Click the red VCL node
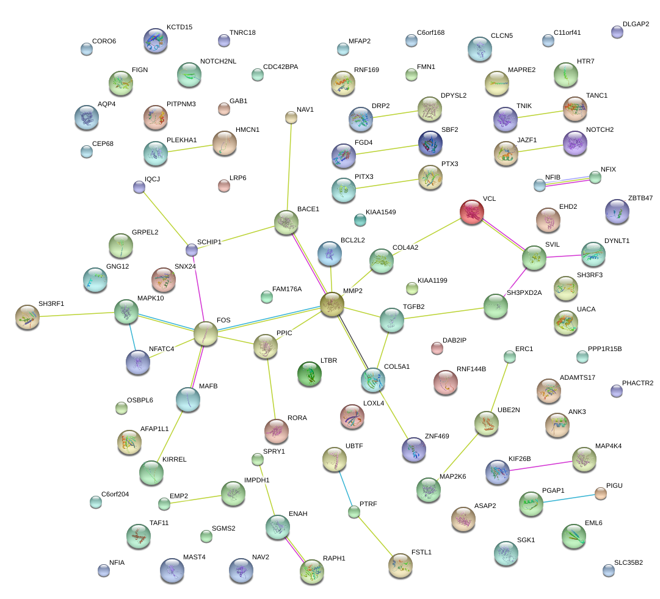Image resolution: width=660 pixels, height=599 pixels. coord(471,211)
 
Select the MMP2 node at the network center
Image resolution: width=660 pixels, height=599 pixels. coord(332,304)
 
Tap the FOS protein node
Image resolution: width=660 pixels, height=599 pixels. coord(206,333)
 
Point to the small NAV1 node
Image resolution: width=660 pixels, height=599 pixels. coord(291,117)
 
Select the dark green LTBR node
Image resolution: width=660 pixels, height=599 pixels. coord(309,374)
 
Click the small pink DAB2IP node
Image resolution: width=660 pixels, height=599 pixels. coord(437,348)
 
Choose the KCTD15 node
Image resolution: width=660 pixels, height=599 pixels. coord(155,40)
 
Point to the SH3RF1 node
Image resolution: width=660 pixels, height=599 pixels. coord(27,316)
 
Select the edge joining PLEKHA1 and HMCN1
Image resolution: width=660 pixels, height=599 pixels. coord(190,148)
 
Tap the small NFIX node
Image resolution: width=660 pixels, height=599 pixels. coord(595,177)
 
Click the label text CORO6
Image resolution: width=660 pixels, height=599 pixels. coord(104,42)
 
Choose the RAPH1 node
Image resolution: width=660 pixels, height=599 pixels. coord(312,571)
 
